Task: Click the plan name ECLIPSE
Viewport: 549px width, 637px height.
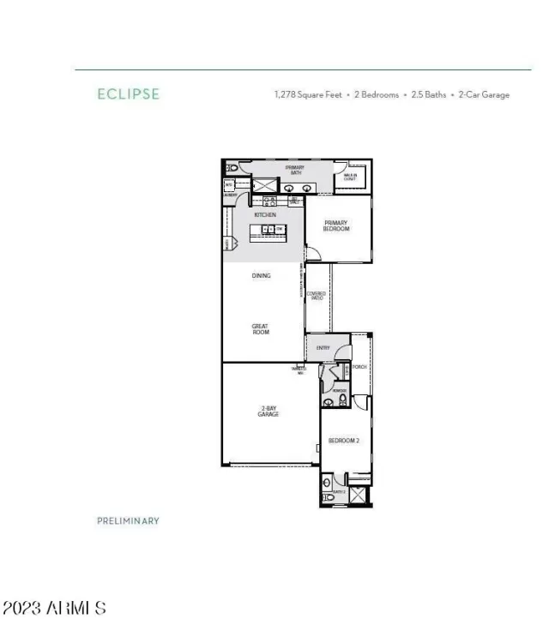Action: (129, 94)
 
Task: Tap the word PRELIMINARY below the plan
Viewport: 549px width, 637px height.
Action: (129, 520)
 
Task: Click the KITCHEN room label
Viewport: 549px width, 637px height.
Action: (265, 214)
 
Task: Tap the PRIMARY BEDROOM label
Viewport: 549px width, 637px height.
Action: (335, 225)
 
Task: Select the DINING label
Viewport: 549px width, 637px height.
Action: (261, 276)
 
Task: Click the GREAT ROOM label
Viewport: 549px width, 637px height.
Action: (261, 328)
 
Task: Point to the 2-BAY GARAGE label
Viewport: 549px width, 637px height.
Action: (268, 411)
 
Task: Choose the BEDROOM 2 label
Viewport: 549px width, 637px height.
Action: (343, 441)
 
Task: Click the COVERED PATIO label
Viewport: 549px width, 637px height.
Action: (316, 295)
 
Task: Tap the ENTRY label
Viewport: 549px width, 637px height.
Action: (323, 347)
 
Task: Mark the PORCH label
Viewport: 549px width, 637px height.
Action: (359, 367)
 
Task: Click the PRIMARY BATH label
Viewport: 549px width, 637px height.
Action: (296, 170)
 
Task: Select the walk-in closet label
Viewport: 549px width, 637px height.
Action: (350, 177)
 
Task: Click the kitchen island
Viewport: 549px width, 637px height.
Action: (268, 230)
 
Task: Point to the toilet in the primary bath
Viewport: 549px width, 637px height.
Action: (231, 168)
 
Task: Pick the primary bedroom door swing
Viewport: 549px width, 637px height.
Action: (313, 252)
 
